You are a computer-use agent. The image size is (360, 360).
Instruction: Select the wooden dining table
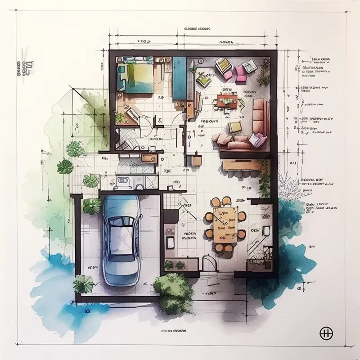[x=225, y=224]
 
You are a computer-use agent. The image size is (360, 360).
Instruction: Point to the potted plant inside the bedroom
[x=120, y=117]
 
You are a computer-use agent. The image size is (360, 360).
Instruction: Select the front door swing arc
[x=209, y=263]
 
